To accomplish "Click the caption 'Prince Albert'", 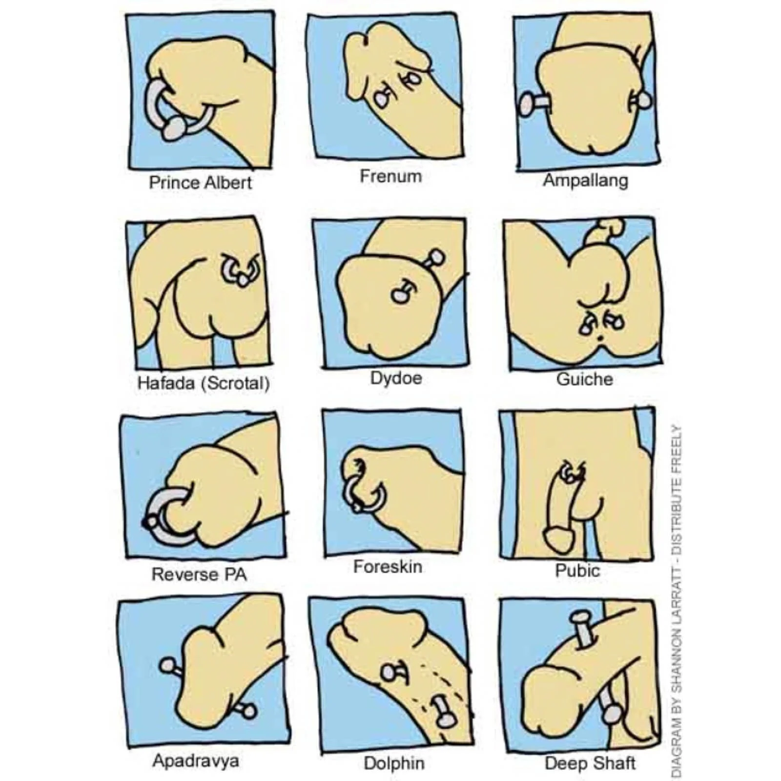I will click(x=200, y=183).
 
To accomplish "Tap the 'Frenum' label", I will click(x=390, y=176).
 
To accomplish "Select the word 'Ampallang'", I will click(x=585, y=181).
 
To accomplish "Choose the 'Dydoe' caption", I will click(x=396, y=378).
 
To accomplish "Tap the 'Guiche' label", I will click(x=584, y=379).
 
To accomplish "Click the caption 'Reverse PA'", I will click(x=199, y=574).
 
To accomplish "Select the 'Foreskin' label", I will click(x=388, y=567).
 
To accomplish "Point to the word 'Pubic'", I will click(x=577, y=570).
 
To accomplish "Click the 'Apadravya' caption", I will click(x=196, y=760).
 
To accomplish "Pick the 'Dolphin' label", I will click(x=394, y=763).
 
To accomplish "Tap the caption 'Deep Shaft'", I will click(x=590, y=763).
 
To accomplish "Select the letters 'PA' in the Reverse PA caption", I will click(x=235, y=574).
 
